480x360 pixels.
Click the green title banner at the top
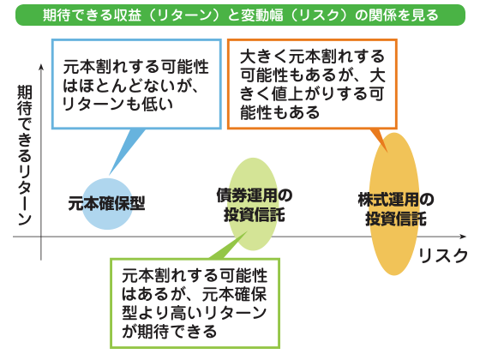point(240,15)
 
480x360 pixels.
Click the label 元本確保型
point(106,204)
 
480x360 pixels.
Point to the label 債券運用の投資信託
point(255,205)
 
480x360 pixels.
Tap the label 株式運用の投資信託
point(396,209)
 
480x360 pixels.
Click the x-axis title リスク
point(443,255)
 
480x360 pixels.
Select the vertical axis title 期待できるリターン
point(25,155)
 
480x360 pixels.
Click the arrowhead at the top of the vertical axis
point(41,67)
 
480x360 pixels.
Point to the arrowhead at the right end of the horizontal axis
point(463,237)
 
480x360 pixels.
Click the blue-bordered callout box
point(136,84)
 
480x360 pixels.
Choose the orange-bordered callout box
point(312,84)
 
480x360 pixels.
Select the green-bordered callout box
point(195,303)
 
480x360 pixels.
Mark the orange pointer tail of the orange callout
point(381,138)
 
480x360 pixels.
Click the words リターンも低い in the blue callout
point(118,105)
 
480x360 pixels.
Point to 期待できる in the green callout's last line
point(177,332)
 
